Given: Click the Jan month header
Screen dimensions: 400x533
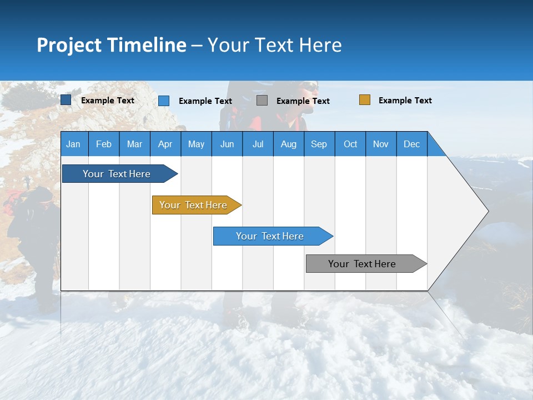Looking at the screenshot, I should pos(74,144).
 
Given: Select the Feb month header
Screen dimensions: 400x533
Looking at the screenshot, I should pos(104,144).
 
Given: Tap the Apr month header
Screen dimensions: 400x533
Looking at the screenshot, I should pos(165,144).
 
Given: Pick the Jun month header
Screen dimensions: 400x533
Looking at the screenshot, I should pos(227,144).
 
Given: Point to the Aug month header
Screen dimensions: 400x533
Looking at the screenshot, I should pos(288,144).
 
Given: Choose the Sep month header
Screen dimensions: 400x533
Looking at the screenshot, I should pos(319,144).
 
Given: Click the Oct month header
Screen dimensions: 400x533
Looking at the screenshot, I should pos(350,144).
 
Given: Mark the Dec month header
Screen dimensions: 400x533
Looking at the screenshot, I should pos(411,144).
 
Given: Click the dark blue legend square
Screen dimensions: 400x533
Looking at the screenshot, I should pos(66,100).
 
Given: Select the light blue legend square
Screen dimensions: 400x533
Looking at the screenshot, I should pos(164,101).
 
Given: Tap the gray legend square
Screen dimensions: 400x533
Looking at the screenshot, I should pos(262,101).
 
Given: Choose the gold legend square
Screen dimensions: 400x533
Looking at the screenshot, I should pos(365,100).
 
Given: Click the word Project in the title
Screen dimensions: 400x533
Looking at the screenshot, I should pos(69,45).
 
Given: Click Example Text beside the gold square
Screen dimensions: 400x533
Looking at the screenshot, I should pos(405,101).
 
